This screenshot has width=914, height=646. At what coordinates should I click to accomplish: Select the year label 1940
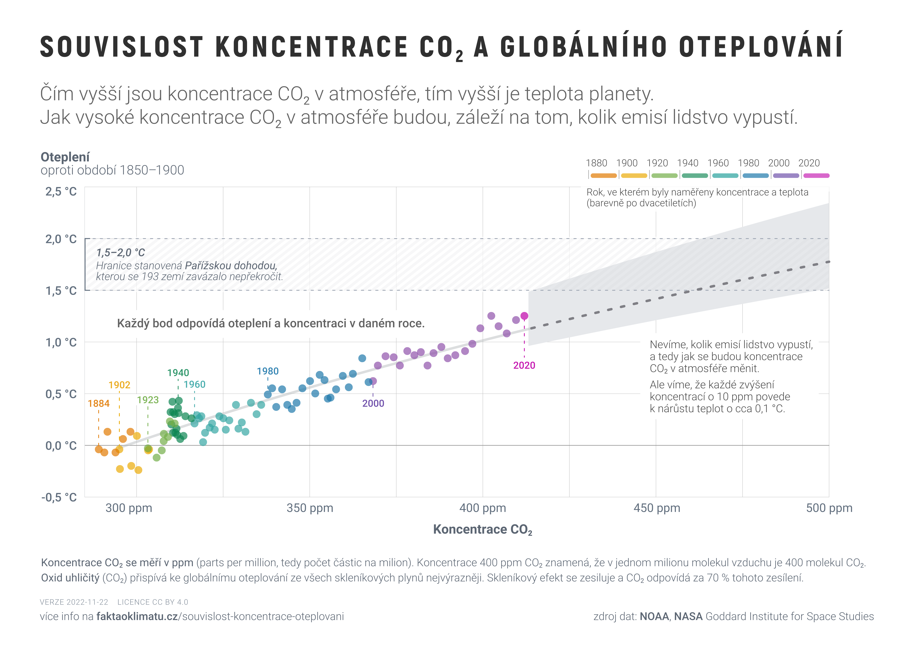pos(178,373)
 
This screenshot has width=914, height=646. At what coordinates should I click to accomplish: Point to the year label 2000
pos(373,404)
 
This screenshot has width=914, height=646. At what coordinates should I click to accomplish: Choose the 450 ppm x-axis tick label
pos(657,508)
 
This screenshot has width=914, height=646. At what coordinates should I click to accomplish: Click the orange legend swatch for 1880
pos(604,176)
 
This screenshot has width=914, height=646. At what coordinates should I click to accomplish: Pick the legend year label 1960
pos(718,163)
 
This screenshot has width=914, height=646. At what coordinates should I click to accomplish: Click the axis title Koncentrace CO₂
pos(482,530)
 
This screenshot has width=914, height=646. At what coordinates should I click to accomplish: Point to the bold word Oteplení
pos(65,157)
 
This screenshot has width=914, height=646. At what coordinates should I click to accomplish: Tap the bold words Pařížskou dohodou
pos(231,266)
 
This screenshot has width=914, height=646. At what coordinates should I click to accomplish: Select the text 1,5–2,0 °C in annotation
pos(121,253)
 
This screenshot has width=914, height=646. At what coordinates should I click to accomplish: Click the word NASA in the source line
pos(688,617)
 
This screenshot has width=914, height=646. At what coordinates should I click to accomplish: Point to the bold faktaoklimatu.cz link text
pos(137,617)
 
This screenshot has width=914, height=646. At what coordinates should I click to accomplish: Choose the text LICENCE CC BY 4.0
pos(153,602)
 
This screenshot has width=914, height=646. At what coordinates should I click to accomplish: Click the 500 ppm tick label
pos(829,508)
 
